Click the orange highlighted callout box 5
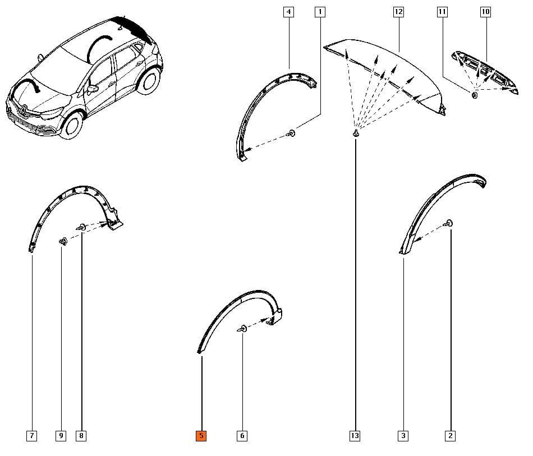201,436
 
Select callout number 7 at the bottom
32,436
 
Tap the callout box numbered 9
61,436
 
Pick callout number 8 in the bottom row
81,436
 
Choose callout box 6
242,436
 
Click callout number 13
355,436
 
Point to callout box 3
403,436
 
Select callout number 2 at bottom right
450,436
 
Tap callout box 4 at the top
288,12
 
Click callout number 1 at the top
319,12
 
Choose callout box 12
398,12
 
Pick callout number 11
443,12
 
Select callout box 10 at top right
485,12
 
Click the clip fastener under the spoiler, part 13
356,133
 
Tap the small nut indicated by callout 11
475,95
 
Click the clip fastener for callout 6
242,329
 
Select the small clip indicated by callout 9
63,241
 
